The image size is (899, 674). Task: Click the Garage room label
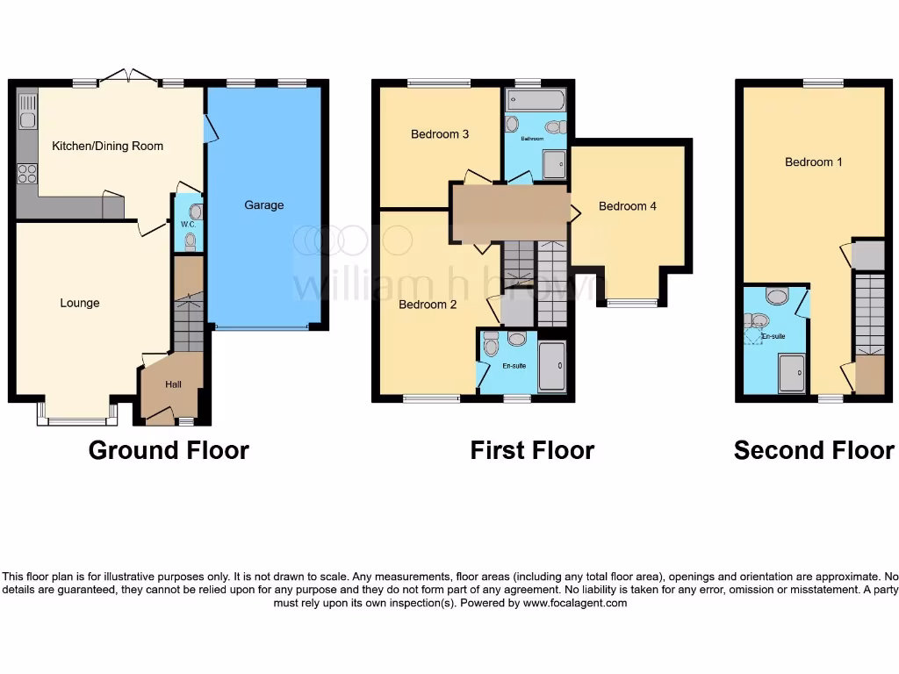[x=264, y=205]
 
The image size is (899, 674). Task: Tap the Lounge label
[x=80, y=304]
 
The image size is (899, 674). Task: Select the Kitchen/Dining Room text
[x=108, y=146]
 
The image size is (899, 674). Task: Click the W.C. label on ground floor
[x=187, y=224]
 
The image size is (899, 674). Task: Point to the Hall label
[x=173, y=384]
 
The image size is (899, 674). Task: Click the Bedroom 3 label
[x=440, y=134]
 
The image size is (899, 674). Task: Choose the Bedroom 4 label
[x=627, y=206]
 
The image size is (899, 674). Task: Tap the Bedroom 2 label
[x=428, y=305]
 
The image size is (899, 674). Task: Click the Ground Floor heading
[x=169, y=450]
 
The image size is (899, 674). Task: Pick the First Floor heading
[x=532, y=450]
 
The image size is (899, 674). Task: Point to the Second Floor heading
[x=814, y=450]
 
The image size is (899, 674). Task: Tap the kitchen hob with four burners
[x=27, y=173]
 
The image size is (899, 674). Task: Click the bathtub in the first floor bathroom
[x=536, y=100]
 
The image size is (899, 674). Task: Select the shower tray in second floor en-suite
[x=792, y=374]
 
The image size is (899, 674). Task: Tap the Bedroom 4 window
[x=631, y=304]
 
